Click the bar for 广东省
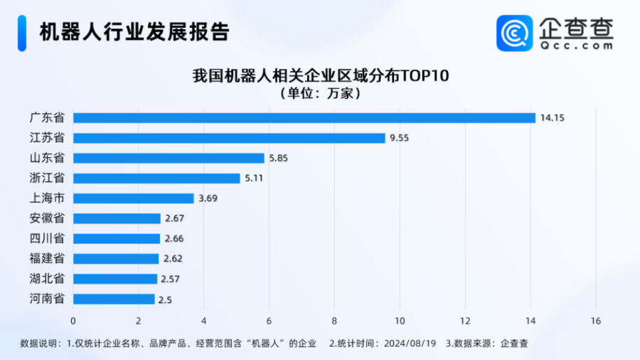pos(304,118)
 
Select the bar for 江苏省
pos(229,138)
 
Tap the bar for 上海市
pos(133,198)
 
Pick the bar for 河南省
pos(114,299)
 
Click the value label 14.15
pos(552,118)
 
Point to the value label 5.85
pos(279,158)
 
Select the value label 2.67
pos(175,218)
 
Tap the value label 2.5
pos(165,299)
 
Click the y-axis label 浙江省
pos(48,178)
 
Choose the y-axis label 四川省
pos(48,238)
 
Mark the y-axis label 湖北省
pos(48,278)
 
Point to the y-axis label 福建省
pos(48,258)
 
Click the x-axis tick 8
pos(334,321)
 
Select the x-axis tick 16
pos(595,321)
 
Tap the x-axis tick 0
pos(73,321)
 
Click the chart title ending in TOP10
pos(320,76)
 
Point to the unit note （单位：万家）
pos(320,93)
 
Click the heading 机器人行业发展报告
pos(134,32)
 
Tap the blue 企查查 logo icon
pos(514,33)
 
